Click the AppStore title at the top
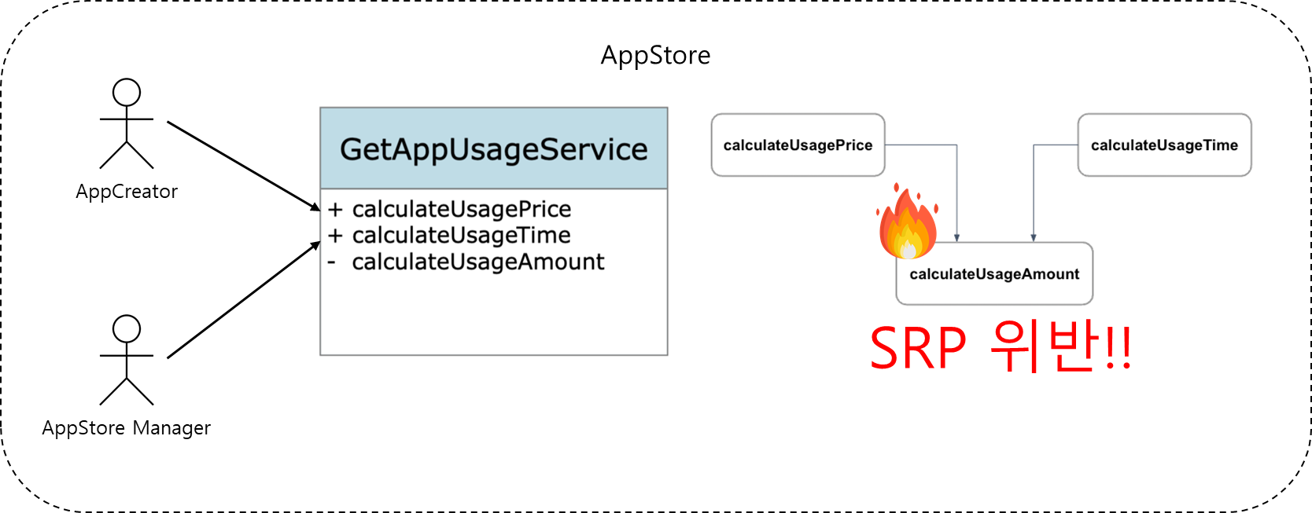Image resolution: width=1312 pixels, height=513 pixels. (655, 56)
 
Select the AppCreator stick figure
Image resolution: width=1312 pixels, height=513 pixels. (127, 123)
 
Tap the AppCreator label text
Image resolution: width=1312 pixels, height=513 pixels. (127, 192)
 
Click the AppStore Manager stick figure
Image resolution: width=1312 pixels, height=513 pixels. (127, 360)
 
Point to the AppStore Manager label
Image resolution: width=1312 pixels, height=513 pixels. (127, 428)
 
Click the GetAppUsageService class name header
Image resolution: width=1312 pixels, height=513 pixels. (493, 149)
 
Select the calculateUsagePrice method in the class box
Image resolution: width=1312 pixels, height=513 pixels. (462, 209)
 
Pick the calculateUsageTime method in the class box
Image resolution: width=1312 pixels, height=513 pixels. (462, 235)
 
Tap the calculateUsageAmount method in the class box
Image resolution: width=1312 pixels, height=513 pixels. (478, 262)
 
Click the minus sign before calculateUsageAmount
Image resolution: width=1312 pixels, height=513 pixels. (332, 262)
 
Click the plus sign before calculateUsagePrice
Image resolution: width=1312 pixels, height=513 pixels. (336, 210)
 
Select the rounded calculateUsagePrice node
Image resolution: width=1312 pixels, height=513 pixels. (798, 145)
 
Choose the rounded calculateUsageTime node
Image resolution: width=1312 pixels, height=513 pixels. (1164, 145)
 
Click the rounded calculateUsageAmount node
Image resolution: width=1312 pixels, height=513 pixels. (994, 274)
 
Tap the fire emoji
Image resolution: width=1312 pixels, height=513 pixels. (908, 224)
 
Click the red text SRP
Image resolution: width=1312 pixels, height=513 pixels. (918, 349)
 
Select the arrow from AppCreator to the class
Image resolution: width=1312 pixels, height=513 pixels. (244, 166)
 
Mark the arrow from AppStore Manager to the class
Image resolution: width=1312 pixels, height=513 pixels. (244, 300)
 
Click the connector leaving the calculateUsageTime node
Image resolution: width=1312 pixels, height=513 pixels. (1034, 189)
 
